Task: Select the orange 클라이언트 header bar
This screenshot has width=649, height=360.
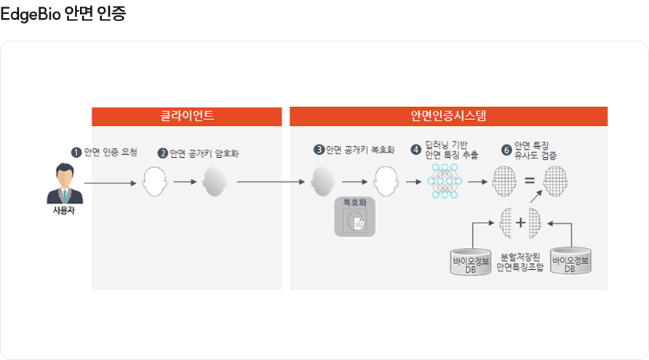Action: pyautogui.click(x=187, y=116)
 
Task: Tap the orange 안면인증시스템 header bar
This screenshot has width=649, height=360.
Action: pyautogui.click(x=448, y=116)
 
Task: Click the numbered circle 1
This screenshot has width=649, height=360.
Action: pyautogui.click(x=76, y=152)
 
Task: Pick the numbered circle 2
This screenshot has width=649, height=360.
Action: pyautogui.click(x=163, y=154)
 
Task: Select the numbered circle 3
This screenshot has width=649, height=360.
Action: pyautogui.click(x=319, y=150)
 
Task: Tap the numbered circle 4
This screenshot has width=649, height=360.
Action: pyautogui.click(x=415, y=150)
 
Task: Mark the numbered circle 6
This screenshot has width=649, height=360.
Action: pyautogui.click(x=506, y=150)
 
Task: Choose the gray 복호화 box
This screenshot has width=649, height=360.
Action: pyautogui.click(x=354, y=216)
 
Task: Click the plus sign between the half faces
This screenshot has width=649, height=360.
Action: pyautogui.click(x=520, y=222)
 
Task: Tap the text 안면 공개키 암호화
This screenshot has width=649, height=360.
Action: pyautogui.click(x=204, y=154)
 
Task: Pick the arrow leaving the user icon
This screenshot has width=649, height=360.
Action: pyautogui.click(x=110, y=183)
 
